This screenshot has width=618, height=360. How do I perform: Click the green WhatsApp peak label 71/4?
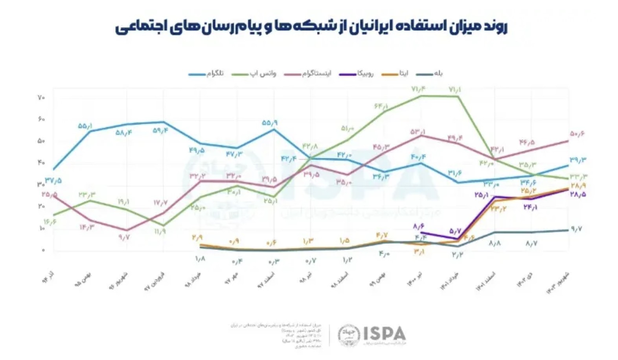click(x=418, y=90)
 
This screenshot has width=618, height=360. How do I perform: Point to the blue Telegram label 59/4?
click(x=160, y=130)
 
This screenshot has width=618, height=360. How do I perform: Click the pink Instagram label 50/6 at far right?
click(x=577, y=134)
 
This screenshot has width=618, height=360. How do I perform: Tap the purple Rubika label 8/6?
click(x=419, y=226)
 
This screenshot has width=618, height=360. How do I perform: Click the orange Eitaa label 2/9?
click(x=197, y=237)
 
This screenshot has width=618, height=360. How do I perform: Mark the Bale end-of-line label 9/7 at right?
click(x=576, y=229)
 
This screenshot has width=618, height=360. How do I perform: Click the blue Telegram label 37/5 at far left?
click(x=53, y=181)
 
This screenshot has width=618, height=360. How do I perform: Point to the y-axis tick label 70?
click(x=41, y=97)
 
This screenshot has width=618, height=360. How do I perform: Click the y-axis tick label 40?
click(x=41, y=162)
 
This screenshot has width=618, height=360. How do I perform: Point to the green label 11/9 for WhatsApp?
click(x=160, y=231)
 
